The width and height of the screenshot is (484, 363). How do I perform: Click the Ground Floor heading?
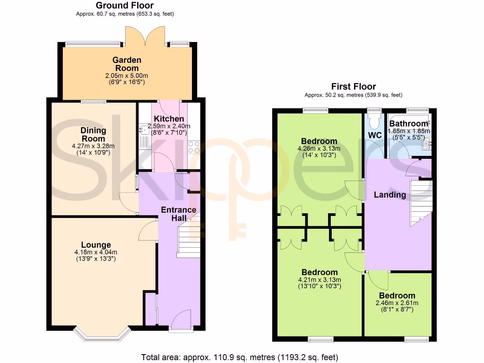125,6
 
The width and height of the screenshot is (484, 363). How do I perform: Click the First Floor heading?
353,86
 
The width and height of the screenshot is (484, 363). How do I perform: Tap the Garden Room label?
127,64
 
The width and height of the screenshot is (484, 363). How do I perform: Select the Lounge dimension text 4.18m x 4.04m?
96,252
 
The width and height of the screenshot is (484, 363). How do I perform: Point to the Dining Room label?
93,134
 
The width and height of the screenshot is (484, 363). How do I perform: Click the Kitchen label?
169,119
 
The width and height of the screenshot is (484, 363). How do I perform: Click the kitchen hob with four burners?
194,147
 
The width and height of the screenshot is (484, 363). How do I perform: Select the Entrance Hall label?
179,213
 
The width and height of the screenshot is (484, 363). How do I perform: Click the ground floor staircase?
189,239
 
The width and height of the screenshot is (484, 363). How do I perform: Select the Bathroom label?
408,124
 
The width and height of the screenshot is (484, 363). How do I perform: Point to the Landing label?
390,195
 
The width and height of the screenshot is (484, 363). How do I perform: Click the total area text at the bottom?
240,357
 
